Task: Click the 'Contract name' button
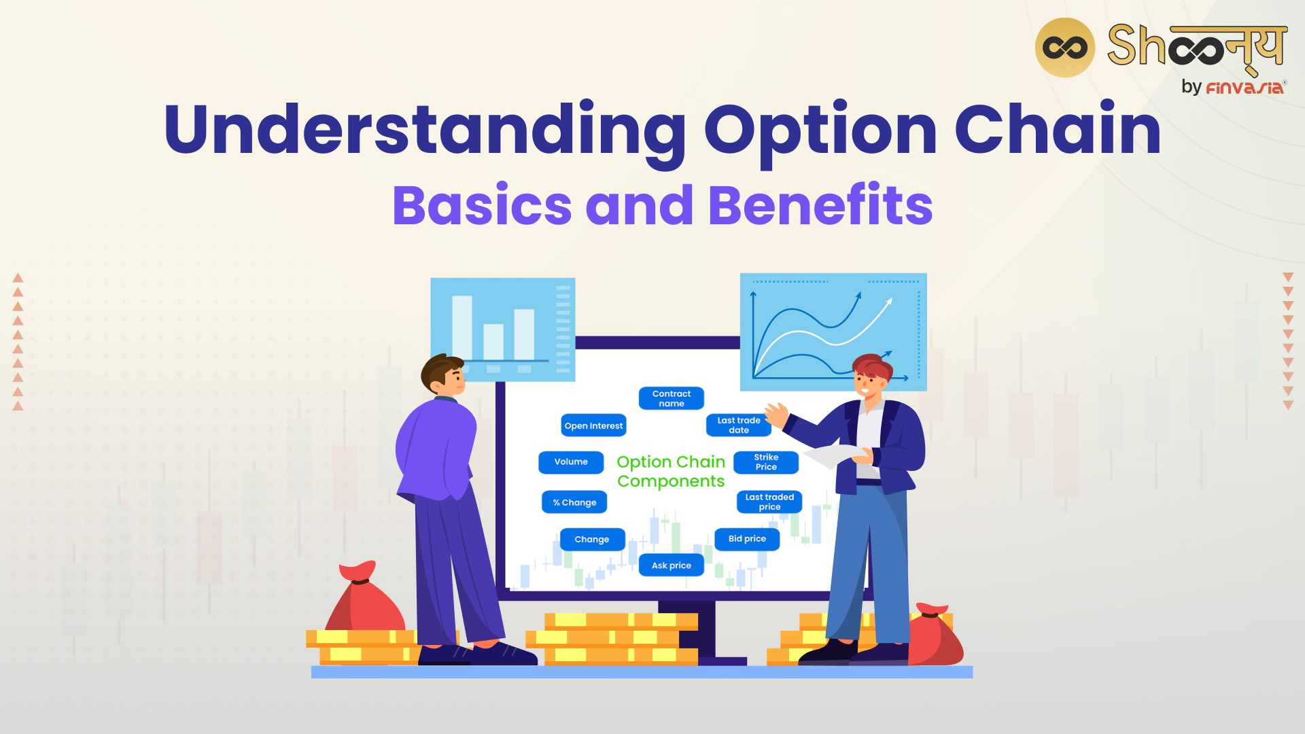pos(671,398)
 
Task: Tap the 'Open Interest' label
pos(593,425)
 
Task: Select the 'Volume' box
pos(571,462)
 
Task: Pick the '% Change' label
pos(574,502)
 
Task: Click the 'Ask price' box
pos(671,565)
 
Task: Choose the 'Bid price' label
pos(747,539)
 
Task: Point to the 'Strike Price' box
pos(766,462)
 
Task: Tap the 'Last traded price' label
pos(769,502)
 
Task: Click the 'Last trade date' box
pos(739,425)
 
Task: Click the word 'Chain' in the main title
pos(1058,129)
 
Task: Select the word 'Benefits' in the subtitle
pos(820,205)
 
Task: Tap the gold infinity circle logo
pos(1064,48)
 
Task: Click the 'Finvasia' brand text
pos(1245,88)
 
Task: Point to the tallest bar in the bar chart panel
pos(462,328)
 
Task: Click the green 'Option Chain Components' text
pos(671,471)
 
